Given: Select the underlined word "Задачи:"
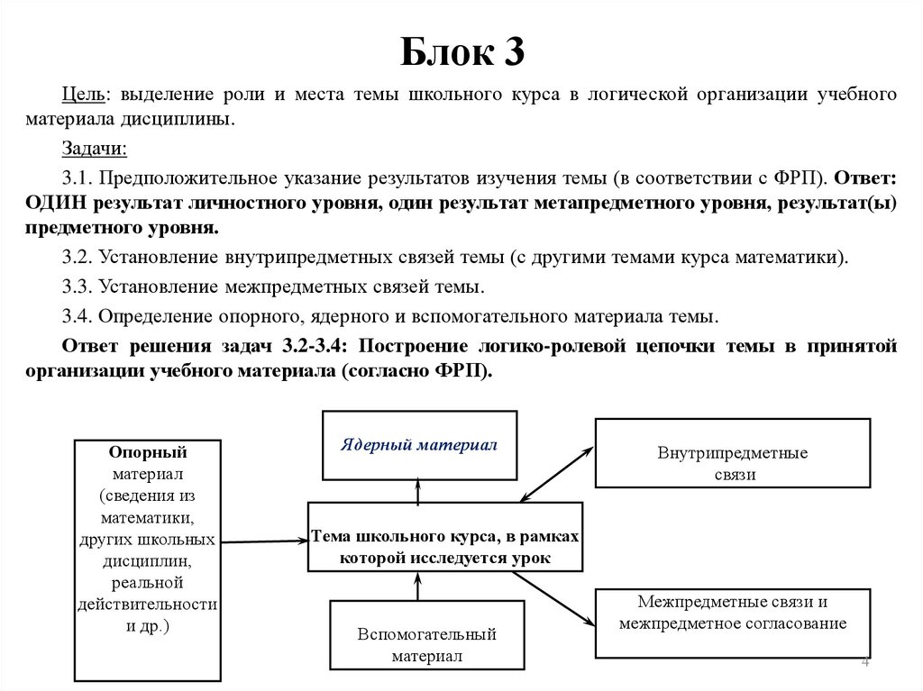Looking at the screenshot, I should (x=95, y=148).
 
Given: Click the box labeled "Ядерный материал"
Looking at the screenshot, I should (x=419, y=445).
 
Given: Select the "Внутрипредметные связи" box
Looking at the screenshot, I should (x=731, y=462).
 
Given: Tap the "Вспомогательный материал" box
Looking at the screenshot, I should (x=426, y=643).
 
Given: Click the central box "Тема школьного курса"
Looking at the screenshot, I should (x=444, y=547).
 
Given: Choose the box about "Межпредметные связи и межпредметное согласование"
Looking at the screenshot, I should (x=731, y=612).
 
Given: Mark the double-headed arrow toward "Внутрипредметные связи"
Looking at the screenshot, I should (x=558, y=472).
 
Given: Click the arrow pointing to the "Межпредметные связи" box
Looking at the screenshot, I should (x=558, y=597).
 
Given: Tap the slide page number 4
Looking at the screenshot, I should (x=866, y=663).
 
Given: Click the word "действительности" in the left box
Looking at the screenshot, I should (x=147, y=604).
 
